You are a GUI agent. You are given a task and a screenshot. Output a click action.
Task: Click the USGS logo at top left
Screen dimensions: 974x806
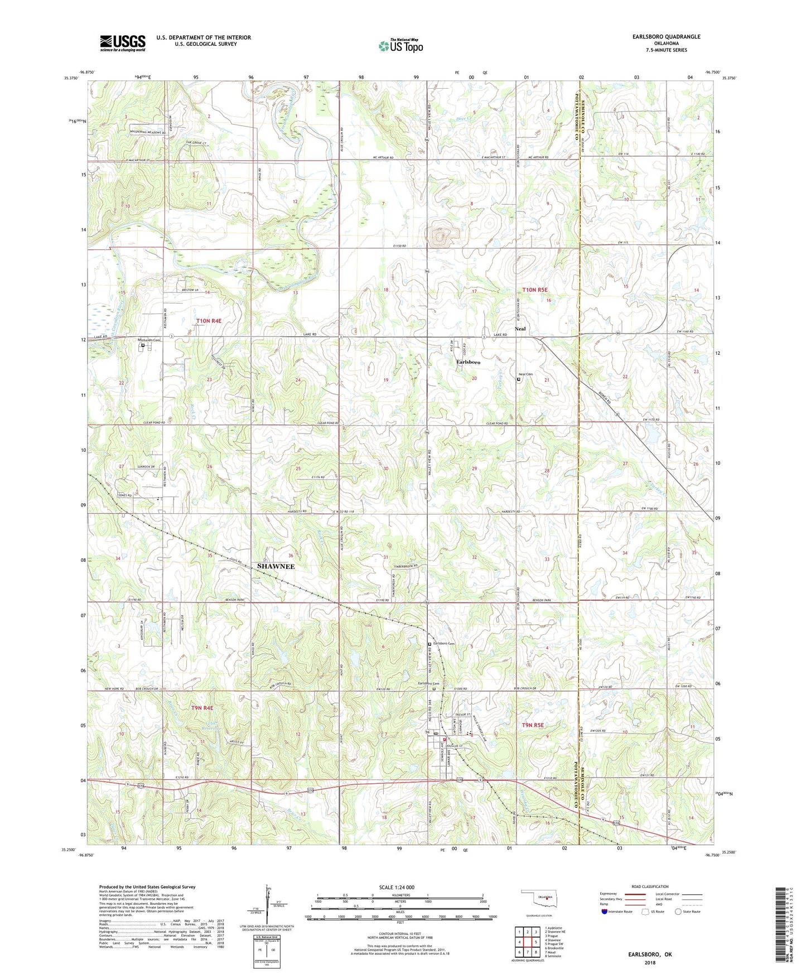tap(123, 42)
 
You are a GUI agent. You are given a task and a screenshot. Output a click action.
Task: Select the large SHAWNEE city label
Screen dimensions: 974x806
tap(276, 566)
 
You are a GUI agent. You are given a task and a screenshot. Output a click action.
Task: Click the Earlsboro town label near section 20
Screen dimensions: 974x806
tap(468, 362)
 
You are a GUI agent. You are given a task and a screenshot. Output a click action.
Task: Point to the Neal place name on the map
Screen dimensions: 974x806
tap(520, 329)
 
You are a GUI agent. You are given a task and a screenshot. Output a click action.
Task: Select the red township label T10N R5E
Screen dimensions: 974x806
tap(535, 290)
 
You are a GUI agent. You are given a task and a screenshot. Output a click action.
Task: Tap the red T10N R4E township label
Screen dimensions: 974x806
tap(209, 321)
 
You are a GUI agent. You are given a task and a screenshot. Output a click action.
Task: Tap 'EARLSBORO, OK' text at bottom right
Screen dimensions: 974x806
tap(650, 954)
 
